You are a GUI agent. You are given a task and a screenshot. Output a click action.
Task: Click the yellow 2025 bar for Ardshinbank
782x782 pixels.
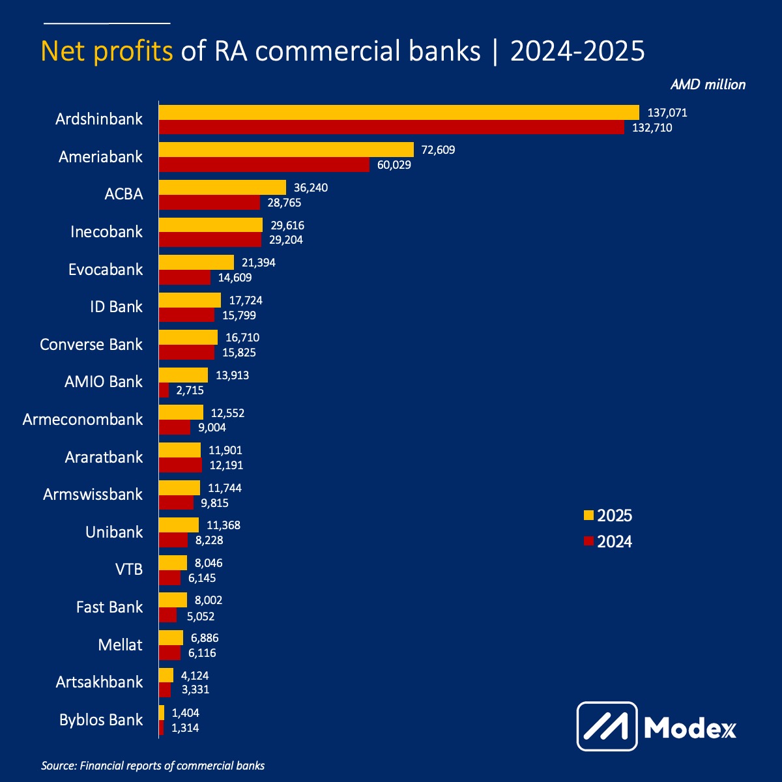[399, 112]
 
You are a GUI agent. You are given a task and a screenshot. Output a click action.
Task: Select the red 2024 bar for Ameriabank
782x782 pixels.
[264, 165]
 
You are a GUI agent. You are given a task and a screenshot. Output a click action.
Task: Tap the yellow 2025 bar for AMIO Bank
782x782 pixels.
[184, 375]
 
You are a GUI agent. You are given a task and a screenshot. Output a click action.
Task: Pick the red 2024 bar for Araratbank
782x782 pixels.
[181, 465]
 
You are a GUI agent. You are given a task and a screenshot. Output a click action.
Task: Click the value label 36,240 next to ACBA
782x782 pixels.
[311, 188]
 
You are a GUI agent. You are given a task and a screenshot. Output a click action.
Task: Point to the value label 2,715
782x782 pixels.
[190, 390]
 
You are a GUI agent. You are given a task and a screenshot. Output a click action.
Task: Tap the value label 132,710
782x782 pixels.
[652, 128]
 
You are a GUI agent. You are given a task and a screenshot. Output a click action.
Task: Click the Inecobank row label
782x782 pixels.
[106, 232]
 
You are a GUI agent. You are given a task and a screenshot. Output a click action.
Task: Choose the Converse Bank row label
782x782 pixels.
[91, 345]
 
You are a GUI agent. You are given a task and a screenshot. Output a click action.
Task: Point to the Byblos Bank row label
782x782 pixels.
[101, 720]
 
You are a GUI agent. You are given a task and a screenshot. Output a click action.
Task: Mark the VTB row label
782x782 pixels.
[128, 570]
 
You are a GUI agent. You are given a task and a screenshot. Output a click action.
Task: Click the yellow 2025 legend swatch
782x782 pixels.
[588, 515]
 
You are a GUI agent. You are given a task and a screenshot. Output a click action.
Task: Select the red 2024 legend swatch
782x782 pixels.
[588, 542]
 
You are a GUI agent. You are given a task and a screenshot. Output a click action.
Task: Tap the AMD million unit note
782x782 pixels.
[708, 85]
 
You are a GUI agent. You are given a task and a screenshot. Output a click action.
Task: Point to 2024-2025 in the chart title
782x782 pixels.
[577, 51]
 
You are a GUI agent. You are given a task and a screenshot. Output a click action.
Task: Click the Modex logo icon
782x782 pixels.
[607, 726]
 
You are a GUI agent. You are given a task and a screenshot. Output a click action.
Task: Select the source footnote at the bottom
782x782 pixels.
[153, 766]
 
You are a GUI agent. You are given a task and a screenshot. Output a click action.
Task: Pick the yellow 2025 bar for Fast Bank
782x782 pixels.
[173, 600]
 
